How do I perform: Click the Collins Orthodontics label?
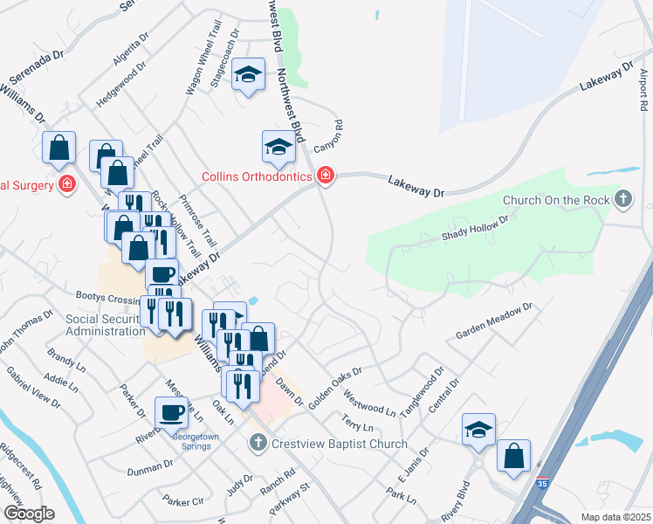tap(257, 176)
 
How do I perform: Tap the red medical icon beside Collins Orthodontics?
tap(326, 176)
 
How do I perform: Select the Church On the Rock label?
tap(556, 200)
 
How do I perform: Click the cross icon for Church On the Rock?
tap(622, 200)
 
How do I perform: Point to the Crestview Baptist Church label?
tap(339, 444)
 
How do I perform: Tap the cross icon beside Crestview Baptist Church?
tap(258, 444)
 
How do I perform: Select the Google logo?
tap(29, 513)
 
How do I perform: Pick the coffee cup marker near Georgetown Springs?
tap(170, 411)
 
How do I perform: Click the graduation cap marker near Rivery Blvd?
tap(478, 429)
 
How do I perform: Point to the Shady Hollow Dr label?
tap(474, 230)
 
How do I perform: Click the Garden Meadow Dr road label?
tap(493, 321)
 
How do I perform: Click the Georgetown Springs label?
tap(191, 441)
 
